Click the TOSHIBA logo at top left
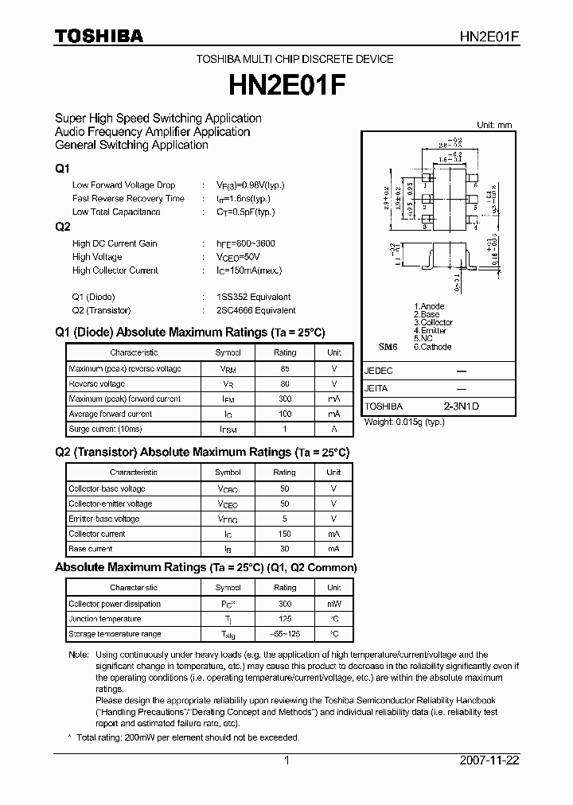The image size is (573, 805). tap(99, 36)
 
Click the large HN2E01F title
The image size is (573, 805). tap(286, 83)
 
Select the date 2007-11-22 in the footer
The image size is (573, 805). tap(489, 760)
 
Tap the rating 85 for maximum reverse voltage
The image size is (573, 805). tap(285, 369)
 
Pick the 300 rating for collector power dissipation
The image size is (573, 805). tap(285, 605)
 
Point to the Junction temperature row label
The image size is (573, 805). tap(105, 619)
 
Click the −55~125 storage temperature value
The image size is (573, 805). tap(285, 634)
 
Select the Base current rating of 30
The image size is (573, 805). tap(285, 549)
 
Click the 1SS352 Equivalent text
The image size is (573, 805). tap(259, 297)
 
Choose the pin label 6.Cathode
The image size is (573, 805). tap(432, 347)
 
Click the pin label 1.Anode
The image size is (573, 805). tap(429, 306)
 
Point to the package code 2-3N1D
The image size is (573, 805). tap(462, 406)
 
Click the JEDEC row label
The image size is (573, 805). tap(379, 371)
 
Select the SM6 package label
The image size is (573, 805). tap(387, 348)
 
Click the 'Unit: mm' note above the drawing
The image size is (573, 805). tap(496, 125)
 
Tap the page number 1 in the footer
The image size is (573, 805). tap(286, 760)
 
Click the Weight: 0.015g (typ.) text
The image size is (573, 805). tap(403, 422)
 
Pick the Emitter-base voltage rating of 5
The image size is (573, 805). tap(285, 519)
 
